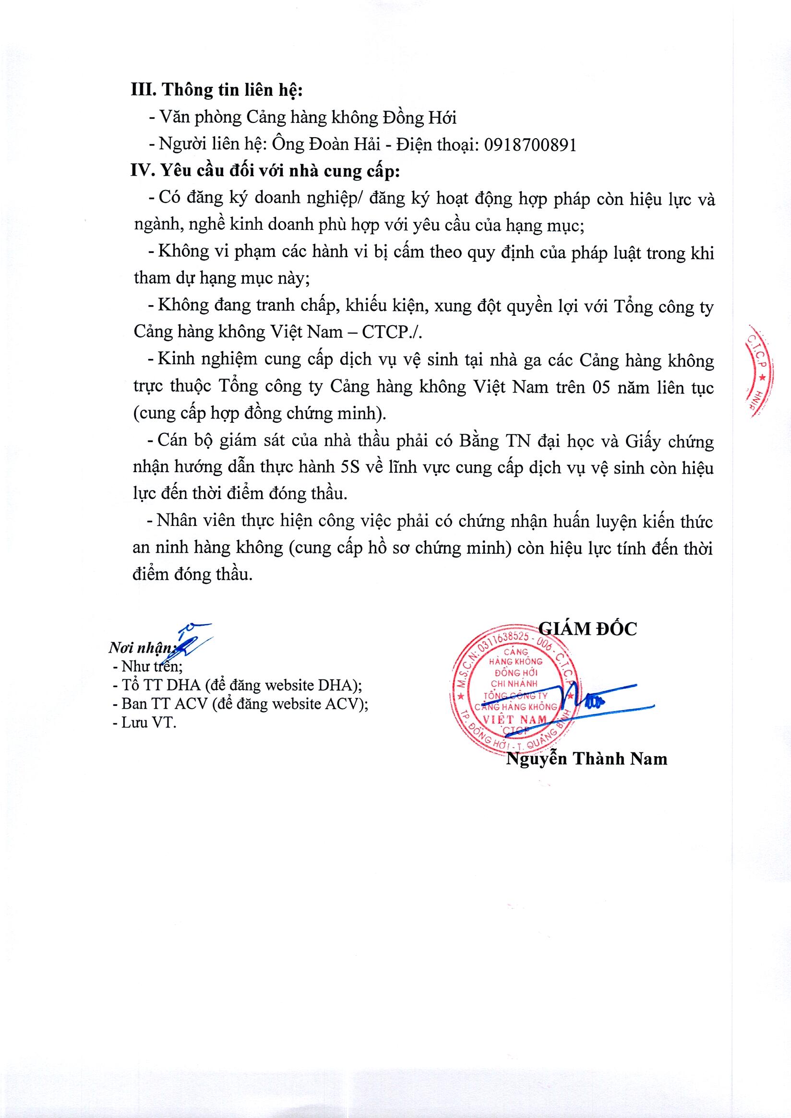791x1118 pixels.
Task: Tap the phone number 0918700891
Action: tap(530, 144)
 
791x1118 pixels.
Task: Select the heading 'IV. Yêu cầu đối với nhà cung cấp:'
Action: tap(265, 171)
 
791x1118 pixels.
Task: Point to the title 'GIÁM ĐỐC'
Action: tap(587, 629)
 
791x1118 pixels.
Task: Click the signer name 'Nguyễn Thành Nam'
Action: tap(587, 759)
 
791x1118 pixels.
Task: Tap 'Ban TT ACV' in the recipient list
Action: tap(163, 703)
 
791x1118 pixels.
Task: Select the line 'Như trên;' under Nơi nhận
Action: tap(152, 666)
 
